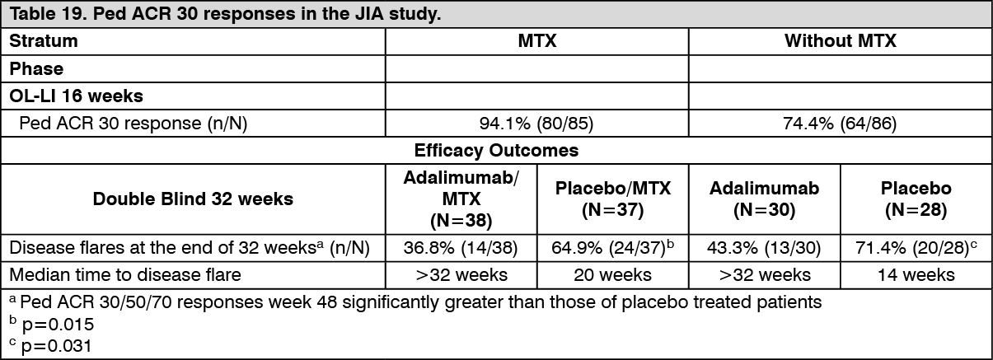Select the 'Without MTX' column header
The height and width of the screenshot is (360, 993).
pos(840,41)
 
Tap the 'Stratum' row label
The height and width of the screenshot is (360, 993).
pos(44,41)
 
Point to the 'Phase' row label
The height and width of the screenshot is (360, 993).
pos(36,68)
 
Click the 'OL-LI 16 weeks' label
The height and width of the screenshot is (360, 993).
pos(77,96)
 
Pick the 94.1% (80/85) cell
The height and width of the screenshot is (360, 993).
pos(536,124)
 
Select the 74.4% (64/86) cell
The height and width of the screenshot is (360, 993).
pos(840,124)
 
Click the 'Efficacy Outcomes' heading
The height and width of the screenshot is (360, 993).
pos(496,151)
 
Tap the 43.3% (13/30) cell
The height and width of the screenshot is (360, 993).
pos(764,248)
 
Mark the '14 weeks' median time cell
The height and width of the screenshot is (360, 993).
pos(916,274)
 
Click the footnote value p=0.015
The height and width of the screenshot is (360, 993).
pos(59,325)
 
